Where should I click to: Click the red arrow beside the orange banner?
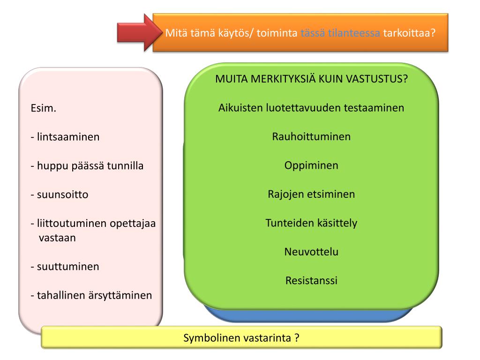136,32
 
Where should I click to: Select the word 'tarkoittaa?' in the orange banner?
410,33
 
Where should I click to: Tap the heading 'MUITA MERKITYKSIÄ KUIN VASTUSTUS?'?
311,78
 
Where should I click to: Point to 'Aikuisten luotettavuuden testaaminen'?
311,107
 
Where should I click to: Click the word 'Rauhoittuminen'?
311,136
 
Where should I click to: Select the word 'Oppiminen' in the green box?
311,165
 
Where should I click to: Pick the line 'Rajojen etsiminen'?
311,194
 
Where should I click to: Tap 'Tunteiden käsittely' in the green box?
311,223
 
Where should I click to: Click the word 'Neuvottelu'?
311,252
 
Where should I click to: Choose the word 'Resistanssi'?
311,281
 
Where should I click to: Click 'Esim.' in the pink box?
43,109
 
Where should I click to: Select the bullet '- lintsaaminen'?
65,137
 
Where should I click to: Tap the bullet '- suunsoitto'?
60,195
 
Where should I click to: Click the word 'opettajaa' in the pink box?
133,224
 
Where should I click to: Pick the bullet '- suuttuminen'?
65,267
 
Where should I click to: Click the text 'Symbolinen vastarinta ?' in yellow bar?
241,337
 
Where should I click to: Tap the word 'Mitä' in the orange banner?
174,33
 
